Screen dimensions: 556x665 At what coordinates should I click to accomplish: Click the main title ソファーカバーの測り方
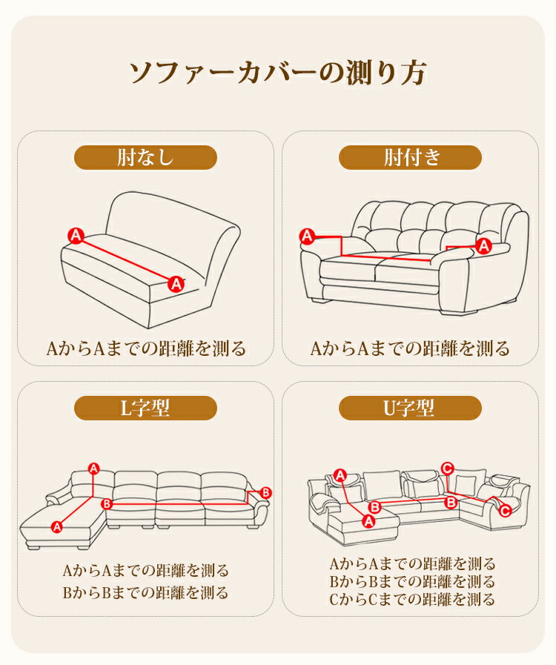click(x=278, y=72)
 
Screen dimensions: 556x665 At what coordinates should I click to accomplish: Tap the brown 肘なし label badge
click(x=145, y=157)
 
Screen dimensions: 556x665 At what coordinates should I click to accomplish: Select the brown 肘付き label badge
click(x=410, y=157)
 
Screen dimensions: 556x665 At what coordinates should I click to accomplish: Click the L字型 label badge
click(x=145, y=408)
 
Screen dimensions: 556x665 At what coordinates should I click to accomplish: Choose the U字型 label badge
click(x=410, y=408)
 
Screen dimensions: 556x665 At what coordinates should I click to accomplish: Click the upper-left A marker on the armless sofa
click(x=76, y=235)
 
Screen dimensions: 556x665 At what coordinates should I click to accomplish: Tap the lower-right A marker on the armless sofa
click(x=176, y=284)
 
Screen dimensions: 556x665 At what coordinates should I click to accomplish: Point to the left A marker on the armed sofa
click(x=307, y=236)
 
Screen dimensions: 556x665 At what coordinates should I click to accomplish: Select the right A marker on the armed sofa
click(x=484, y=245)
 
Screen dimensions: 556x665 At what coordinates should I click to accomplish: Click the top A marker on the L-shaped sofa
click(x=93, y=469)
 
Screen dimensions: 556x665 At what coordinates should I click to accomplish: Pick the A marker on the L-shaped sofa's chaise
click(x=56, y=527)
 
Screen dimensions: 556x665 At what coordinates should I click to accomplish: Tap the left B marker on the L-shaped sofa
click(x=107, y=503)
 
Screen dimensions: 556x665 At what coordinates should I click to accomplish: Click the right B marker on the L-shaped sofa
click(x=265, y=492)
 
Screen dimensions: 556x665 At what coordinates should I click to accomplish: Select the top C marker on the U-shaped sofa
click(x=448, y=469)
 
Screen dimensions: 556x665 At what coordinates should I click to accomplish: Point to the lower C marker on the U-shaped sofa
click(x=505, y=511)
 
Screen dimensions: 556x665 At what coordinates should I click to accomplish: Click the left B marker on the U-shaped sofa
click(x=374, y=507)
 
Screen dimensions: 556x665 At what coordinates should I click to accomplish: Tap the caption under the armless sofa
click(x=146, y=348)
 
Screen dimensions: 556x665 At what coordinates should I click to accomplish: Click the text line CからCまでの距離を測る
click(x=412, y=599)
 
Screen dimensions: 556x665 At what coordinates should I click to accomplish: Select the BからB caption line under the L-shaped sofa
click(x=145, y=592)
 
